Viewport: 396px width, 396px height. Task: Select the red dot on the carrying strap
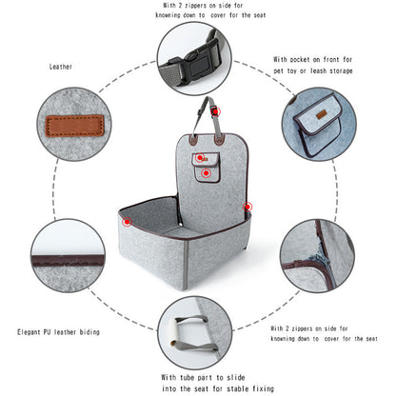(217, 112)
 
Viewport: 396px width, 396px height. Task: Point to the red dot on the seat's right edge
(247, 205)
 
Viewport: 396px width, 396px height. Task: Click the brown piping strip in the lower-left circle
(67, 260)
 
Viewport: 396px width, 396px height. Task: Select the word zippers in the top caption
(208, 5)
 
